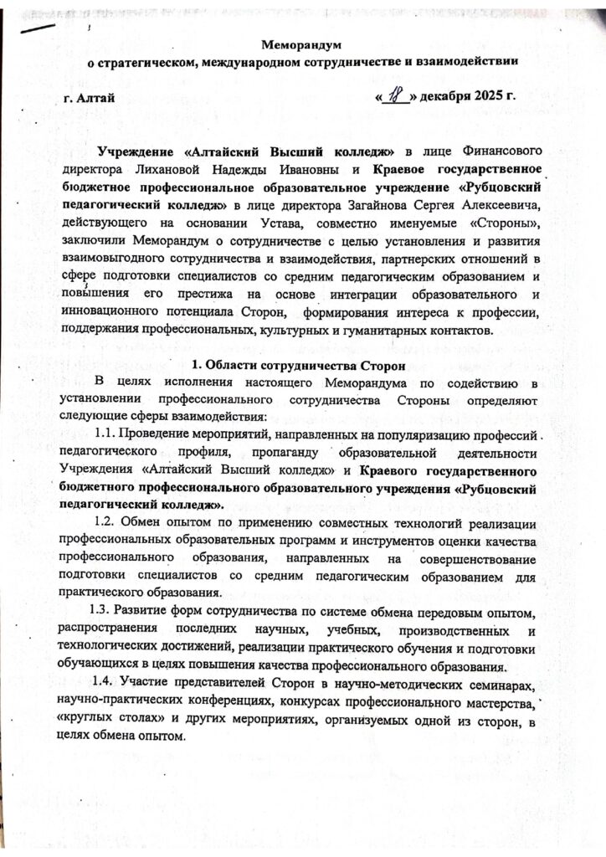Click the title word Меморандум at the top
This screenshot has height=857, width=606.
point(302,44)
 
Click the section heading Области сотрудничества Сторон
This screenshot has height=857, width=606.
point(300,367)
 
